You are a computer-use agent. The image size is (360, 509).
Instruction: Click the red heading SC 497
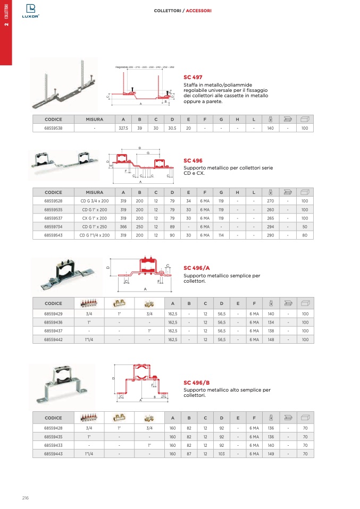(193, 77)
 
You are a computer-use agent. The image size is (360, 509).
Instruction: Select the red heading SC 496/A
(197, 268)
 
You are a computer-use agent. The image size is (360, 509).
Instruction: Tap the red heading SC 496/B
(197, 383)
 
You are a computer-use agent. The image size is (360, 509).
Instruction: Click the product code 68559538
(53, 129)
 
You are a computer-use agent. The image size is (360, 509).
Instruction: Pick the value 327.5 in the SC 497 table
(123, 129)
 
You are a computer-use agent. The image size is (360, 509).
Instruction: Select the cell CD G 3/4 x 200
(95, 201)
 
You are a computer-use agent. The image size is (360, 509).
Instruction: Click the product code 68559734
(53, 226)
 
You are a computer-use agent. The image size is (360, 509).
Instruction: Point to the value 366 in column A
(123, 226)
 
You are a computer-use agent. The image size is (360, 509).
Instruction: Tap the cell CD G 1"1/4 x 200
(95, 235)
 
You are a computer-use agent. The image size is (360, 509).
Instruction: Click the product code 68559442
(53, 339)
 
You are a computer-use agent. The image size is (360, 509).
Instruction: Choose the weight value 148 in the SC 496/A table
(271, 339)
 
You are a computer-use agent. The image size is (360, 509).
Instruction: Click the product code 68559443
(53, 454)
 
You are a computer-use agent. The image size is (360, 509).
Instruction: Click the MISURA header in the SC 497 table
(95, 120)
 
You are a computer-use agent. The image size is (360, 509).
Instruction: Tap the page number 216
(25, 498)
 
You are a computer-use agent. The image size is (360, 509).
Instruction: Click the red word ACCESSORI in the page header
(199, 11)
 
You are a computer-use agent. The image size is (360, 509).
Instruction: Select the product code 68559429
(53, 314)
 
